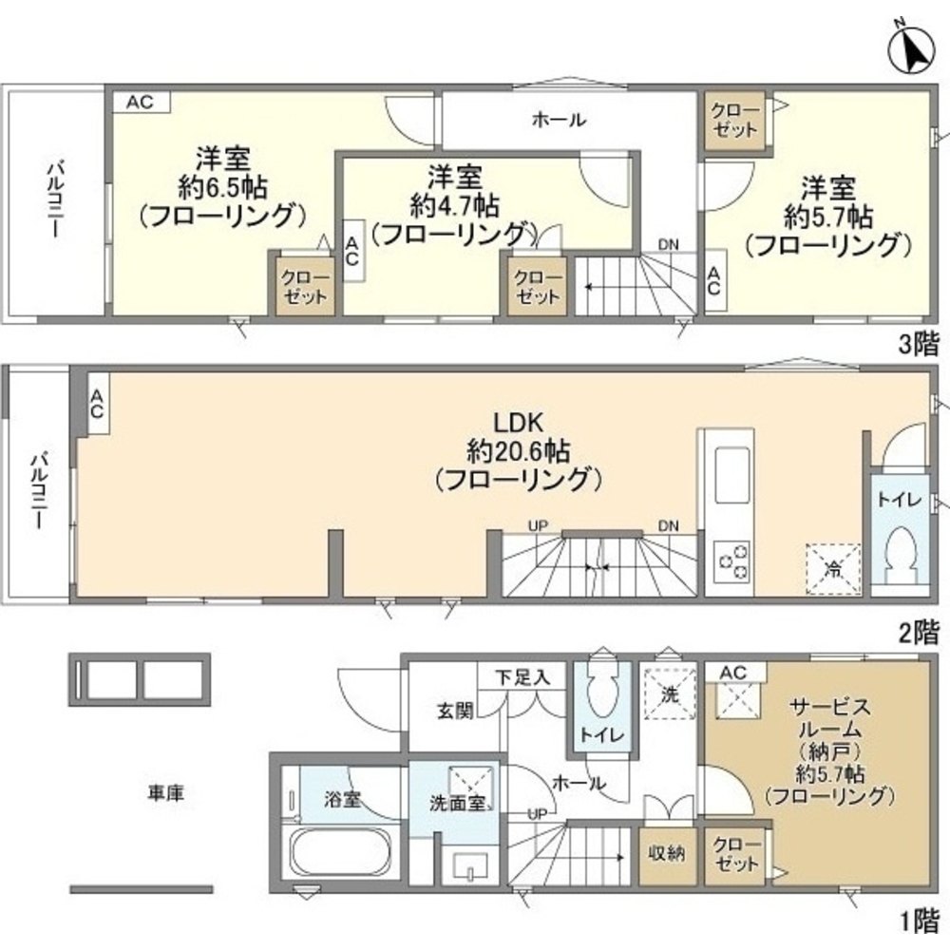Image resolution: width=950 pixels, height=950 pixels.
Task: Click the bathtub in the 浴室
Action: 339,852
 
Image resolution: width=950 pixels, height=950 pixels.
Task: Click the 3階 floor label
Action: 919,344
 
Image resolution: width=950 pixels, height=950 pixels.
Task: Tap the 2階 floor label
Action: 919,630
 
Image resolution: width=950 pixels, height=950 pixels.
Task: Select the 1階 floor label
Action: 919,919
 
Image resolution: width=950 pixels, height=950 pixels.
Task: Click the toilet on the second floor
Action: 898,555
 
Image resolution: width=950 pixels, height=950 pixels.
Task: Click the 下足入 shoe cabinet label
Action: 522,678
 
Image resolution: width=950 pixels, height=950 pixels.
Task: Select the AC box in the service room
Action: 733,673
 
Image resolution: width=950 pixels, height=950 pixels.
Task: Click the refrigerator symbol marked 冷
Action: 833,569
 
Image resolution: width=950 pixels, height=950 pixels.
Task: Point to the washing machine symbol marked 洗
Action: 670,694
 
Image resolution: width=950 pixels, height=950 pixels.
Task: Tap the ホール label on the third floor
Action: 558,121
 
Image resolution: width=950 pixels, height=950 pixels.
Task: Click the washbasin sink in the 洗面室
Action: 472,865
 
